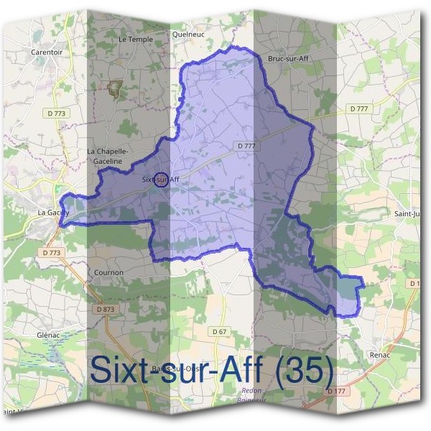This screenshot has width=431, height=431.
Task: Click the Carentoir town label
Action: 47,52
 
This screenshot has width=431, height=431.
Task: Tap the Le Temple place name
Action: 136,39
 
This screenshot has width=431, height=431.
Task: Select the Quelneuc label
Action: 189,33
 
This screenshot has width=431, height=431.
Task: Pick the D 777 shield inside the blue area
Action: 246,145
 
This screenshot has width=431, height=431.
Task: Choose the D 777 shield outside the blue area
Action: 360,108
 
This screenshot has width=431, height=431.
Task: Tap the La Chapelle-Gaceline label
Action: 107,156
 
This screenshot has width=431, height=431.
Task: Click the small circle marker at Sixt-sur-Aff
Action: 162,180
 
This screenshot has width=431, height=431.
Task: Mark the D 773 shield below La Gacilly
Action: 52,253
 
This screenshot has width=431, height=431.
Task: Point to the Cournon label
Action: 108,273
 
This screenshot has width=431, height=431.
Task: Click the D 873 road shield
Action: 105,309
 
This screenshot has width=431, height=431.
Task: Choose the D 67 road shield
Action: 220,331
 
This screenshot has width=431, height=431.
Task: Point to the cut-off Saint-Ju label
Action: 407,213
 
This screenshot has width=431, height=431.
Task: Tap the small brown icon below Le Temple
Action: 113,88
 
